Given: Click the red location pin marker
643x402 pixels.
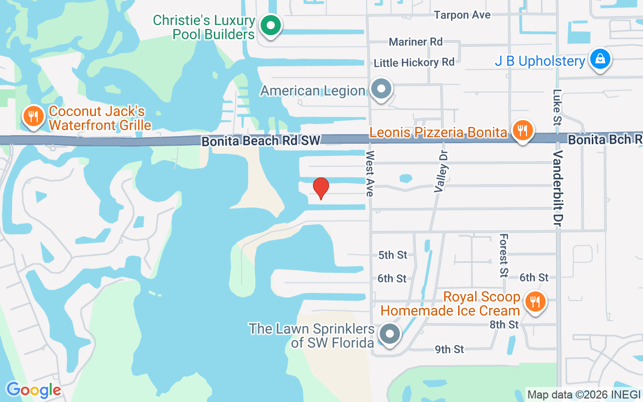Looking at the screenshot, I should click(x=321, y=188).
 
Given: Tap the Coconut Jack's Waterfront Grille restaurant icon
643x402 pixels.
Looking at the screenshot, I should click(x=34, y=117).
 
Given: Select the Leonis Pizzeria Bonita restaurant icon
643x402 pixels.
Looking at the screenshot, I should click(x=523, y=131).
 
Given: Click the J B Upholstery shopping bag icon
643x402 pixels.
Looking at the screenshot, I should click(x=600, y=59).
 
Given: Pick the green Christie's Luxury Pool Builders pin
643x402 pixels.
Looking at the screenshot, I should click(x=271, y=25).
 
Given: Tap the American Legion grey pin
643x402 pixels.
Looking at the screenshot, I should click(x=381, y=89).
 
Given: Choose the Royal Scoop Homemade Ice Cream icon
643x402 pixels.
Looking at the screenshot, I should click(x=535, y=302).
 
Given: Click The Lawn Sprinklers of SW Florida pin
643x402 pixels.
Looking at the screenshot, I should click(x=389, y=334).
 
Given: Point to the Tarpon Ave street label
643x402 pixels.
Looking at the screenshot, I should click(x=462, y=15).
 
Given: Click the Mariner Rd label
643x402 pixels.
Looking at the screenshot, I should click(x=415, y=42).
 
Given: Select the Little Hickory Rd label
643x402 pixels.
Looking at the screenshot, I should click(x=414, y=62).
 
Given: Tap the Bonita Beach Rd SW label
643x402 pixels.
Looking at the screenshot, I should click(x=261, y=141).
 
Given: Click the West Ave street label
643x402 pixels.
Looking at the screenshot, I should click(x=371, y=173).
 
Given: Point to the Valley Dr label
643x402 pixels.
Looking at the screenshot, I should click(x=441, y=171).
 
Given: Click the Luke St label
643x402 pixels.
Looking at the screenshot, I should click(x=557, y=107).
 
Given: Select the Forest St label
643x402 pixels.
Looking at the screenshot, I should click(x=504, y=255).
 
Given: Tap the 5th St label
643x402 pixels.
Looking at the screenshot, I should click(x=393, y=255).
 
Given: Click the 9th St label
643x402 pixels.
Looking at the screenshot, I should click(x=450, y=349).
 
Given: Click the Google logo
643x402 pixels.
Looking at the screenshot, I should click(x=34, y=389).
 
